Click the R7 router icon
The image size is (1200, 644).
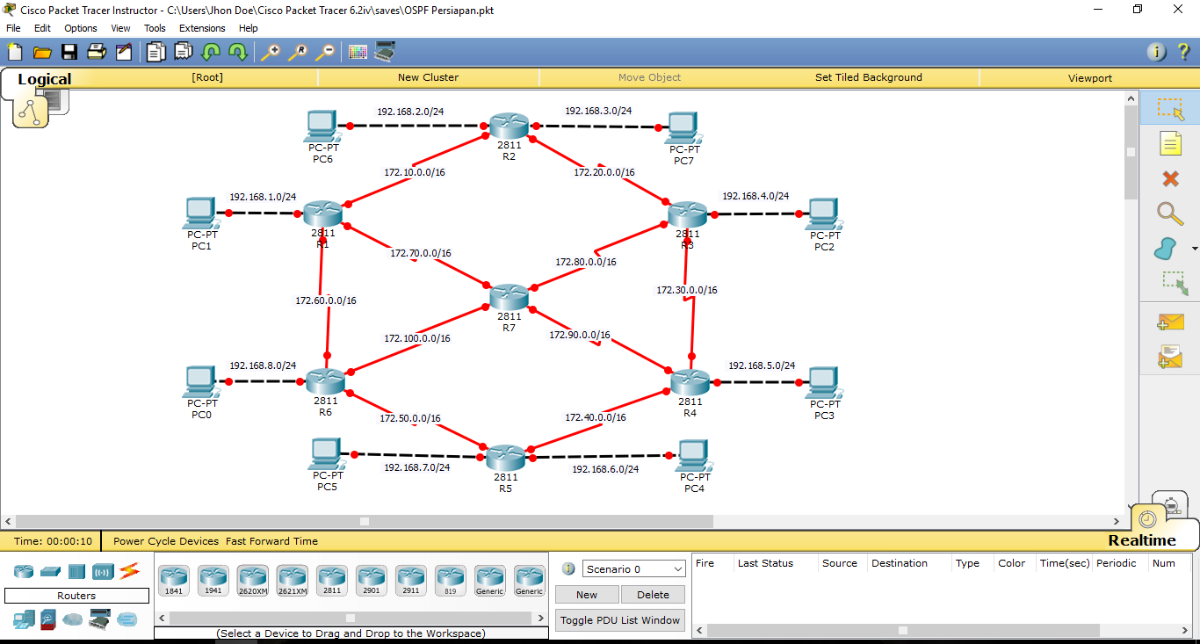tap(510, 297)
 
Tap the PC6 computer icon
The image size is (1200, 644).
tap(322, 127)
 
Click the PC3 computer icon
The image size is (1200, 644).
tap(823, 382)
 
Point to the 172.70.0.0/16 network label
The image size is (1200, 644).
tap(421, 253)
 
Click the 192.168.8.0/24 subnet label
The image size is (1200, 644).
tap(263, 365)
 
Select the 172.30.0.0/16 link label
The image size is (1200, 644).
tap(687, 290)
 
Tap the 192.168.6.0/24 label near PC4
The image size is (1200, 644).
tap(605, 469)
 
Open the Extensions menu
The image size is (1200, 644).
tap(202, 28)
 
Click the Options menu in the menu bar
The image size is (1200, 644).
tap(81, 28)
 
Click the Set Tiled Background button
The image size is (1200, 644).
tap(868, 77)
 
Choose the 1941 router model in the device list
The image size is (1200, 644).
tap(213, 581)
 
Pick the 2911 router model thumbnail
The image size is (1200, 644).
tap(410, 581)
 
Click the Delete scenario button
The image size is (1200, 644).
tap(653, 595)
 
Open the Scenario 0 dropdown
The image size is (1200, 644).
tap(633, 569)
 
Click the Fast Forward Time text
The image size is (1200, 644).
tap(271, 541)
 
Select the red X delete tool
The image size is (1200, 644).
tap(1170, 179)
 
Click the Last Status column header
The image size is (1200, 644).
tap(765, 563)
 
